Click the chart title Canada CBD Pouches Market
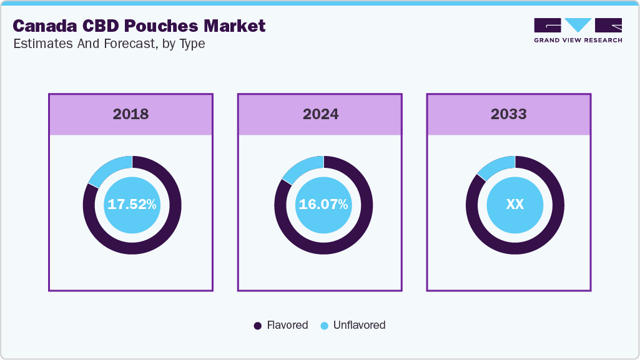click(139, 26)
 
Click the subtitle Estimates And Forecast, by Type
click(109, 44)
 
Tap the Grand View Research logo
click(578, 30)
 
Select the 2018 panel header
click(130, 114)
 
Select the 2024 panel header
click(320, 114)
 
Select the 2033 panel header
click(508, 114)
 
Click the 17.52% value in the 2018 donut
click(132, 205)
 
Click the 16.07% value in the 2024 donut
click(323, 205)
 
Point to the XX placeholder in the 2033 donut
click(514, 205)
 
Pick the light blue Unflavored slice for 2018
click(110, 169)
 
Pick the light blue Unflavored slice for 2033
click(495, 167)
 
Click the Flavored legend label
click(287, 325)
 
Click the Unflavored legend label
click(359, 325)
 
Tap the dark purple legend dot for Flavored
click(257, 326)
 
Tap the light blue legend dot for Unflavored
click(324, 326)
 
